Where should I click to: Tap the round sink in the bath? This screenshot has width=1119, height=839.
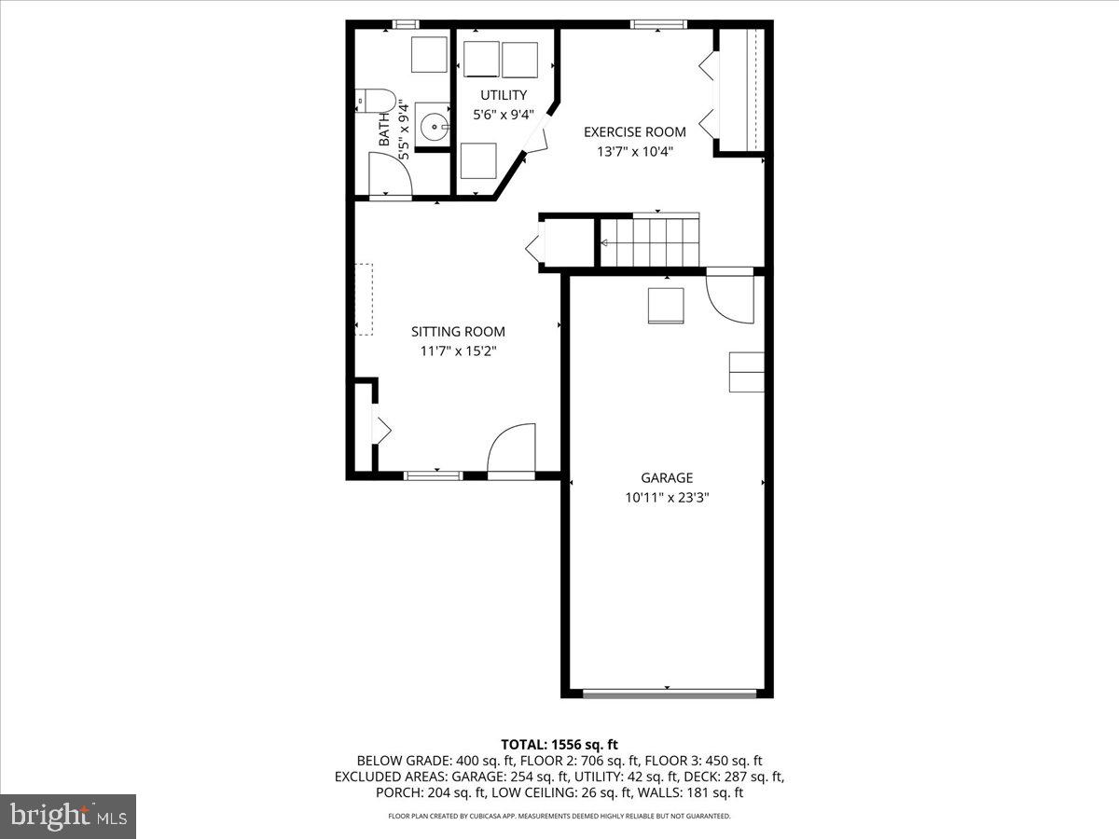(x=432, y=125)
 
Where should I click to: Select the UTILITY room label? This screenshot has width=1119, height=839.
(x=504, y=95)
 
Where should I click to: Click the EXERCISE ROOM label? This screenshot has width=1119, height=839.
(x=635, y=132)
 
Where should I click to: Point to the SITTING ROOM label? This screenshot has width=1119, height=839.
(x=459, y=331)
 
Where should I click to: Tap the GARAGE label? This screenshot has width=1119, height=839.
(x=667, y=478)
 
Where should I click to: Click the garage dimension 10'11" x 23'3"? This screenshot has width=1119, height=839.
(x=668, y=498)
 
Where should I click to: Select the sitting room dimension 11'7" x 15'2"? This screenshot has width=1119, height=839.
(x=459, y=351)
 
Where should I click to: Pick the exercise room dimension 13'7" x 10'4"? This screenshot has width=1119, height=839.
(x=635, y=151)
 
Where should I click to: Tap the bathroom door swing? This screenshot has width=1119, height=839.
(x=390, y=174)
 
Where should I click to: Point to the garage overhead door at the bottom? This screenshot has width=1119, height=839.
(x=668, y=693)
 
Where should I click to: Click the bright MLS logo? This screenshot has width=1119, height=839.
(x=68, y=817)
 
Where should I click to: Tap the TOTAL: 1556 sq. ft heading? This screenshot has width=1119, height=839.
(x=559, y=744)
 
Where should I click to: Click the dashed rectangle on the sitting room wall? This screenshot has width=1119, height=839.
(x=363, y=299)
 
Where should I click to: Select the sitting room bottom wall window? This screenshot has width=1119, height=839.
(x=434, y=475)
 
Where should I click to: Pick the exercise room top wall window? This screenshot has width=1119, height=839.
(x=658, y=24)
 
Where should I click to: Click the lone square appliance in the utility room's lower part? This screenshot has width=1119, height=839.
(x=478, y=160)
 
